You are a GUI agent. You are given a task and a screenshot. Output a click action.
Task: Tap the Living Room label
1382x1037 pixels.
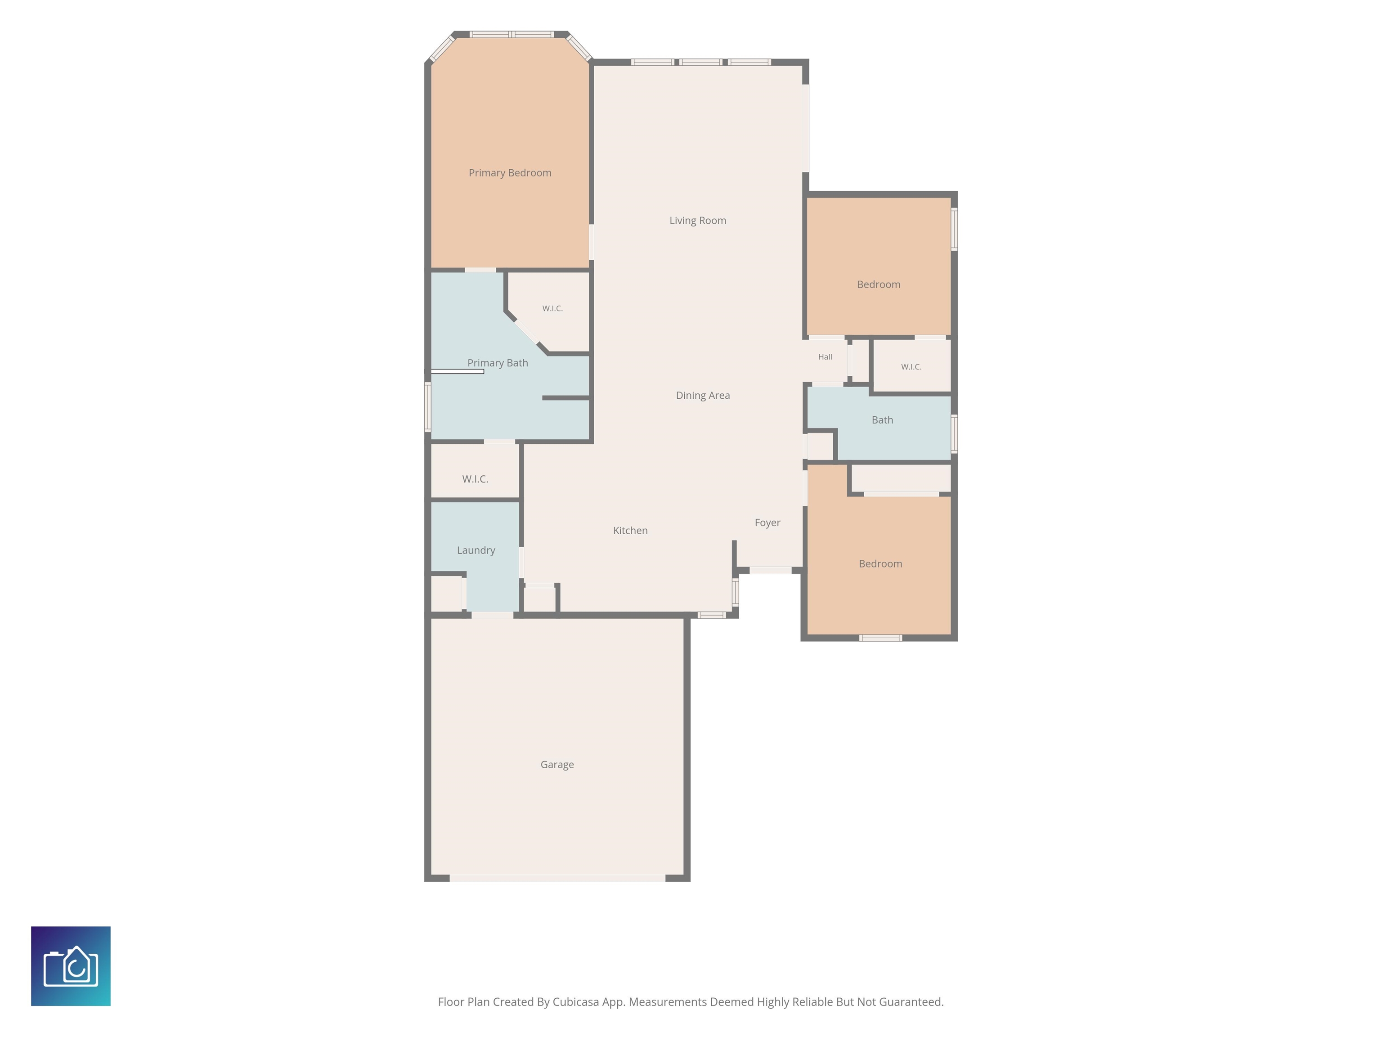tap(698, 221)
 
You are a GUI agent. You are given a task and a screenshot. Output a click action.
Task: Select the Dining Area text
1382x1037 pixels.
tap(703, 396)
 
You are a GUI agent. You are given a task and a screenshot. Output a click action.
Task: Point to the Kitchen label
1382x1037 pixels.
tap(630, 531)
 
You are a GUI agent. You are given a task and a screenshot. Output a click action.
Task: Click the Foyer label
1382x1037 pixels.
tap(767, 523)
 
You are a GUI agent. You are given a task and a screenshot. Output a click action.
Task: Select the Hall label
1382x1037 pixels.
tap(826, 357)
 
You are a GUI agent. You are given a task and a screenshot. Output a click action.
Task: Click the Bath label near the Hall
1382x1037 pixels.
tap(882, 420)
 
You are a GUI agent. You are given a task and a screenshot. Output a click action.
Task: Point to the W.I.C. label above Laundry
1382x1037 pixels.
tap(476, 479)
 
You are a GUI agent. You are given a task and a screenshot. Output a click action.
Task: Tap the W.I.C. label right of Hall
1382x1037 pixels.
tap(911, 367)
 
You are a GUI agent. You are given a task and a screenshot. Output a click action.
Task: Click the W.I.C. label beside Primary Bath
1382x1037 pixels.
tap(552, 308)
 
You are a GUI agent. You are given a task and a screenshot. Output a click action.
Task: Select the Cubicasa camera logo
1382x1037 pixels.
tap(71, 966)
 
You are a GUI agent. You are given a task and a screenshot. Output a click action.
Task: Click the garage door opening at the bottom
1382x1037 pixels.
tap(557, 878)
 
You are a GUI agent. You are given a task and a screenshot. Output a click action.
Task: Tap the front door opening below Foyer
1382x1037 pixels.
tap(770, 571)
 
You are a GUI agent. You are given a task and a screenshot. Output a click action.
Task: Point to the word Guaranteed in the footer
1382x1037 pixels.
tap(911, 1002)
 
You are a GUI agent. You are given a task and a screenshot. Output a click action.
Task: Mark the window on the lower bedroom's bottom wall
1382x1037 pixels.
tap(880, 638)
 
